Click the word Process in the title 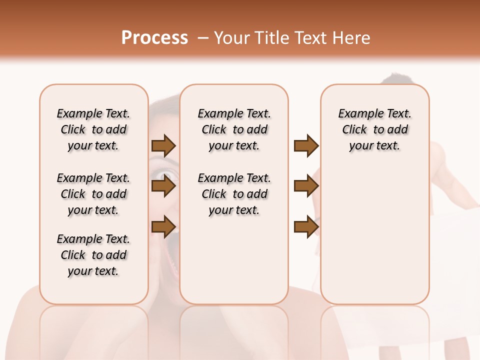154,38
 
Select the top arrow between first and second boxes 163,146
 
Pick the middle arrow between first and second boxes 163,186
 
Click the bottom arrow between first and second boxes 163,227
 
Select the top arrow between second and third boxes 306,146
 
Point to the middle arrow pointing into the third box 306,186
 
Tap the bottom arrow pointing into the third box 306,227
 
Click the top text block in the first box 93,129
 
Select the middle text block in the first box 93,194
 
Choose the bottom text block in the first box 93,255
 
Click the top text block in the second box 234,129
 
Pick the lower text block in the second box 234,194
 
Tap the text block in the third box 374,129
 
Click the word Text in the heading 310,38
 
